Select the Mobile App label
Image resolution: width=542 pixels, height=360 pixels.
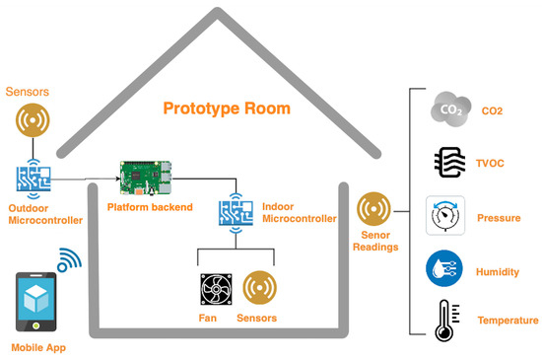click(x=38, y=347)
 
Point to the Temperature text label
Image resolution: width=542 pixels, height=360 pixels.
click(x=508, y=321)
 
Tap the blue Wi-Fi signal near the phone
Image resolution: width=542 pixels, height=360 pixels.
click(x=70, y=260)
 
